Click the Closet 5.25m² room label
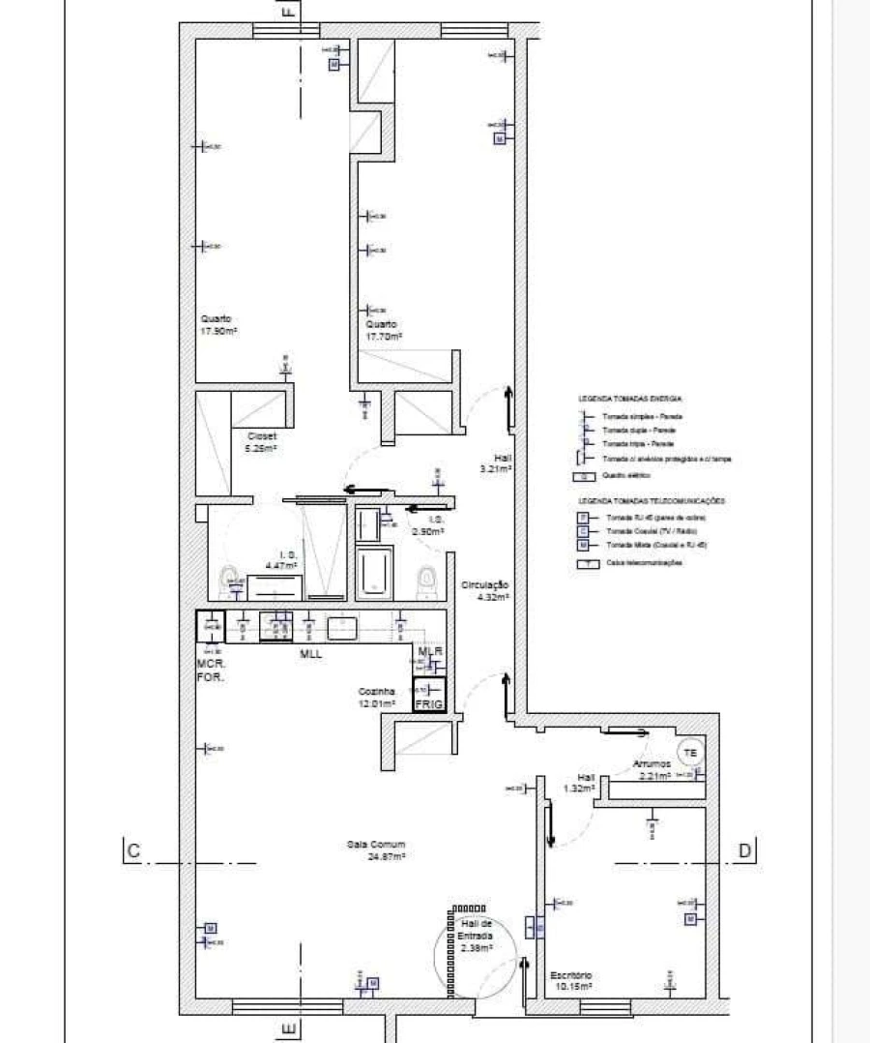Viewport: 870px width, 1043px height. click(262, 442)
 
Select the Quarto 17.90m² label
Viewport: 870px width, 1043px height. click(219, 324)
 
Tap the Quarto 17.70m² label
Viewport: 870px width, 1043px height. click(384, 330)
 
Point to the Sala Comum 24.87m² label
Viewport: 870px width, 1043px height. click(376, 849)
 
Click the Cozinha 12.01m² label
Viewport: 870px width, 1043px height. click(378, 698)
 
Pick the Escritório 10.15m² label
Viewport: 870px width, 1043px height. click(570, 980)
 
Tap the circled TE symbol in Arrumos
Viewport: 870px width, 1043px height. click(689, 752)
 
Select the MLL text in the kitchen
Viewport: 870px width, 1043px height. click(311, 655)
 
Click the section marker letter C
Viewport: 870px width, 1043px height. click(133, 851)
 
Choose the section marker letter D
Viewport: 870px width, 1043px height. click(744, 851)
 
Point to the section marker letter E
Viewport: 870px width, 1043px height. click(286, 1028)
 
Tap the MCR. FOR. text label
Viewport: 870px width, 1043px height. click(211, 670)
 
